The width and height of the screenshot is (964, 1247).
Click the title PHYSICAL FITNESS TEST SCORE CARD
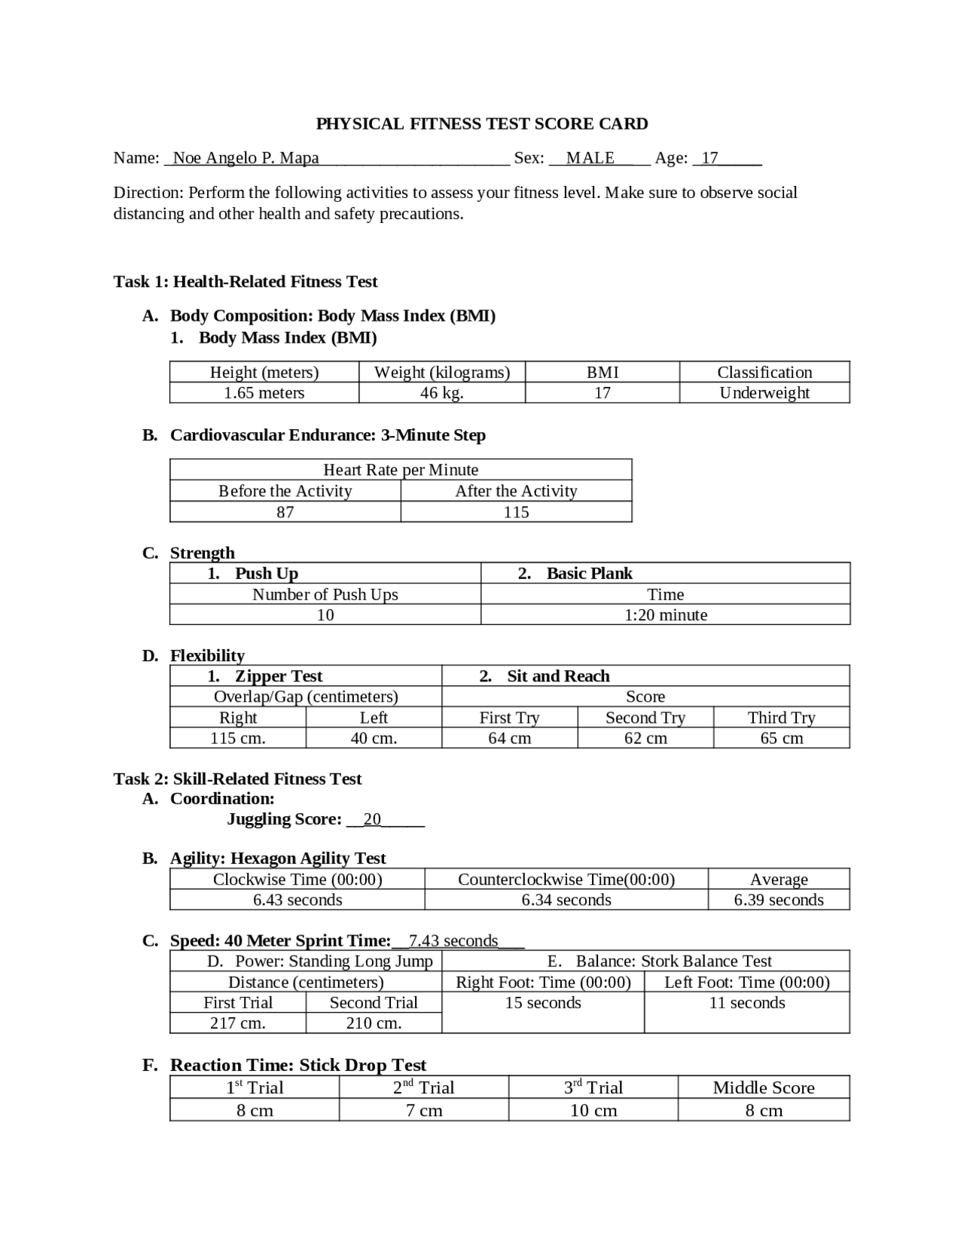click(x=481, y=123)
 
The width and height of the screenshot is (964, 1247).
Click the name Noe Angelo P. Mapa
click(x=246, y=158)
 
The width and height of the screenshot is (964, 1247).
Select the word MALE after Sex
click(x=590, y=158)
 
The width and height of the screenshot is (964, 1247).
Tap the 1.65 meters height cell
click(x=264, y=393)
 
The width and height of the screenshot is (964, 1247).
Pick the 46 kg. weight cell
click(x=442, y=393)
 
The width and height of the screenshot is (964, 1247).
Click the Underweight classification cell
click(x=764, y=393)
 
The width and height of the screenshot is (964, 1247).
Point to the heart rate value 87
click(x=285, y=512)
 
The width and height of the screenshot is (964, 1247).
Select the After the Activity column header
click(x=516, y=491)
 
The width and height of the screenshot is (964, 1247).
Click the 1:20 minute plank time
click(x=666, y=615)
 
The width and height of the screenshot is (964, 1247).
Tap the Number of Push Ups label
click(x=325, y=595)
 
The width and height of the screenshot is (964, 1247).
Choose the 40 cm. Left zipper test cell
click(x=374, y=739)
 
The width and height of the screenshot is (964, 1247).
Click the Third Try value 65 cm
click(x=781, y=739)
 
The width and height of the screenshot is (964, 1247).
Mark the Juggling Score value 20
click(x=372, y=819)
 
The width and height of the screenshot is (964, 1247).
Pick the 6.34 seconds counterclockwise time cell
click(x=566, y=900)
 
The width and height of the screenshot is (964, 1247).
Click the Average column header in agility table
click(x=779, y=880)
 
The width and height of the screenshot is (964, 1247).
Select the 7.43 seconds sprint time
click(x=453, y=941)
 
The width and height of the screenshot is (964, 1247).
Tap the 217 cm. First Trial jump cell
click(x=237, y=1023)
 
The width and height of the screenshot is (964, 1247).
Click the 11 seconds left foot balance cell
click(x=747, y=1003)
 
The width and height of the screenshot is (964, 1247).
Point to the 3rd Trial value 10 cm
click(x=593, y=1111)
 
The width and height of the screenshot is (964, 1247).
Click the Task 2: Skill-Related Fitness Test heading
click(x=237, y=779)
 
